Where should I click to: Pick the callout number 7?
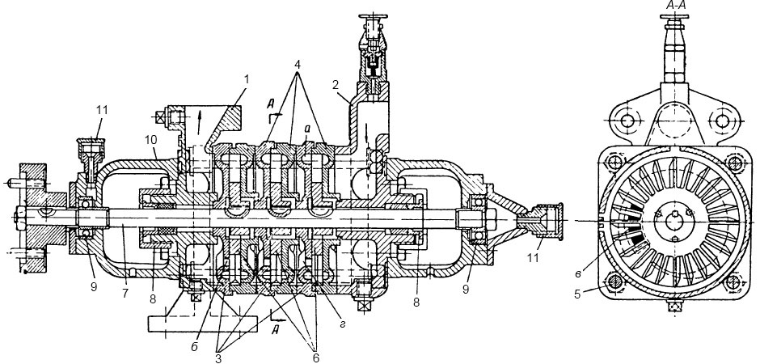click(x=125, y=294)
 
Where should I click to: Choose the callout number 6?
click(x=316, y=358)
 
